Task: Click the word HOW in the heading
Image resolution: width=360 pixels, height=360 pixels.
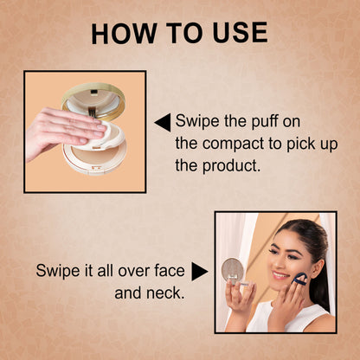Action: coord(125,33)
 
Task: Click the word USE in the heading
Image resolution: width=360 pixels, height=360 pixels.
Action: coord(240,33)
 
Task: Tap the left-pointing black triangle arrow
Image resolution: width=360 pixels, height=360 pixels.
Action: coord(163,122)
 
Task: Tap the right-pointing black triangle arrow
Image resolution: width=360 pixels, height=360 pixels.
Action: coord(200,271)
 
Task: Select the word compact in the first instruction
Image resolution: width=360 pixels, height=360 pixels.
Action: coord(233,144)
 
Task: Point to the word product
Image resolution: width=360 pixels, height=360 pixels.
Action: coord(231,166)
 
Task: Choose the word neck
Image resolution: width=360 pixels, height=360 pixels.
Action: coord(165,292)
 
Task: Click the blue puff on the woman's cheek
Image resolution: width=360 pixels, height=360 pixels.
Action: coord(299,279)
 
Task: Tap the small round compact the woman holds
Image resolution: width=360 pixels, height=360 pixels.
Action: coord(233,269)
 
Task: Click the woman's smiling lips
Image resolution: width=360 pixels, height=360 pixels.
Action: coord(280,275)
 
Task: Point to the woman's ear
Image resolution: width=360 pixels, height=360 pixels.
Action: coord(318,267)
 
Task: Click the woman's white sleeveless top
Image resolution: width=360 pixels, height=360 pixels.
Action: coord(287,317)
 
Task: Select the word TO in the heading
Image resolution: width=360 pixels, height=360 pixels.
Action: coord(185,33)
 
